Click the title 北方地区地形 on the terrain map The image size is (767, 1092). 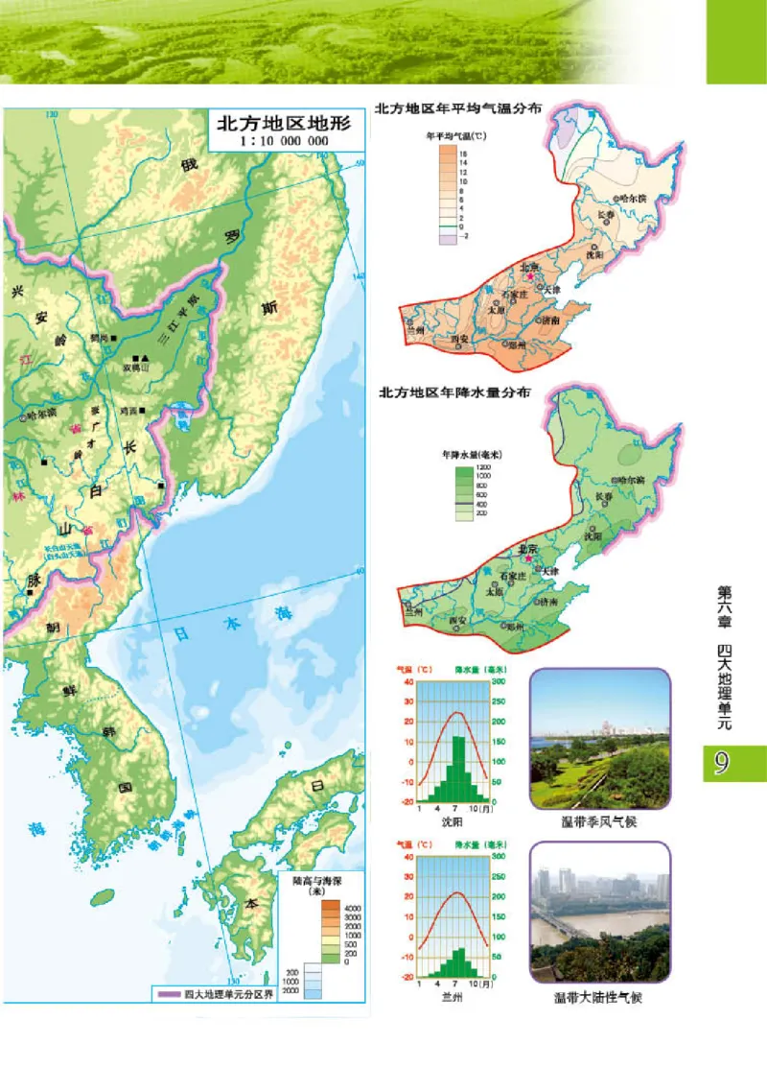[x=283, y=124]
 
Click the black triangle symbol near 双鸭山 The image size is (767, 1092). [x=147, y=357]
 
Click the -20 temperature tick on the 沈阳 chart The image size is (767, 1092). [x=407, y=802]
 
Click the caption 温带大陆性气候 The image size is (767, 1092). [x=599, y=997]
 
